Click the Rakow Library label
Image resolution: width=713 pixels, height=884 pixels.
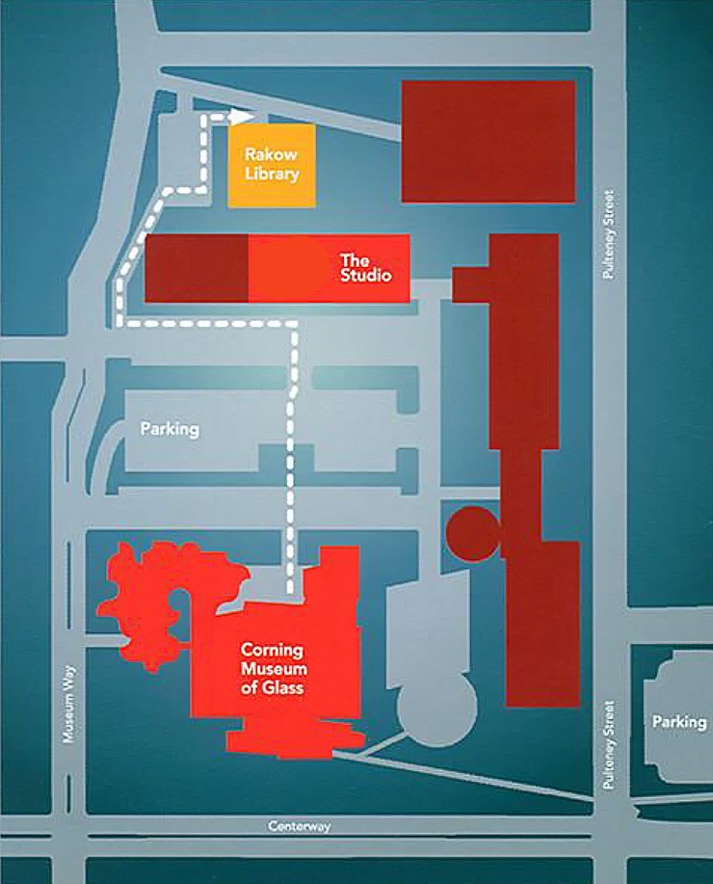[271, 164]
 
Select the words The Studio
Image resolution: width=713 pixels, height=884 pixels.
[366, 268]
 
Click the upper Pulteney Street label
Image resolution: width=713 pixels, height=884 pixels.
[607, 234]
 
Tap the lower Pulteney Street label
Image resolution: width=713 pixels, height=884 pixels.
[607, 746]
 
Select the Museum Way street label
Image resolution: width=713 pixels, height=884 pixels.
[67, 709]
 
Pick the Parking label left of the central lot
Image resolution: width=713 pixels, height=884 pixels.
[170, 429]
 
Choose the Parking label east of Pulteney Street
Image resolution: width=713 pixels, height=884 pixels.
[678, 721]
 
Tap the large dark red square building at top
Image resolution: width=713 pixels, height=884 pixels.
[488, 141]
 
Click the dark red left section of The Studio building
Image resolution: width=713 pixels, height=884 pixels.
[196, 268]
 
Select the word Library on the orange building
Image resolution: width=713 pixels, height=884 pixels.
[271, 174]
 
